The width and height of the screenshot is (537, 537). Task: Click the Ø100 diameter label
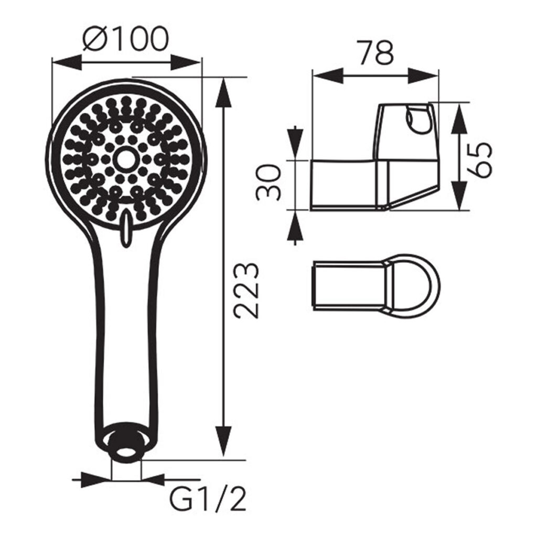(x=126, y=39)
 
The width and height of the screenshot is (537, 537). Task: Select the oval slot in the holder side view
(x=417, y=120)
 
